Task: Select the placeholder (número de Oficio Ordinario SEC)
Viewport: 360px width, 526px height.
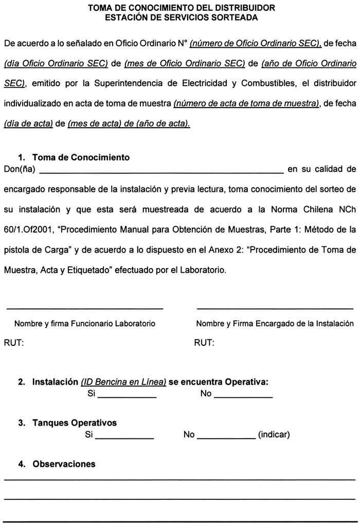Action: point(256,44)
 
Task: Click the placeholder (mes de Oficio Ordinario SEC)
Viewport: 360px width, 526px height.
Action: point(184,63)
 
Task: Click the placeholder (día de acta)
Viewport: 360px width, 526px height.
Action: point(28,124)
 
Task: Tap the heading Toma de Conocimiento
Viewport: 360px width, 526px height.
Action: point(81,157)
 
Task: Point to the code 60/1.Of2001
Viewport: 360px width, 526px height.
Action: point(27,229)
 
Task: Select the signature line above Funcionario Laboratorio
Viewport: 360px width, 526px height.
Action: point(84,308)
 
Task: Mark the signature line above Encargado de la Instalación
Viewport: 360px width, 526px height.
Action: point(275,308)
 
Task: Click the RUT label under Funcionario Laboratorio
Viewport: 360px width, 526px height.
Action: point(14,343)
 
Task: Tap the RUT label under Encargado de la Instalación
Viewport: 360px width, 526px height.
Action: point(204,343)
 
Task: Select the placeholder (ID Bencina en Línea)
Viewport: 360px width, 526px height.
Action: point(123,382)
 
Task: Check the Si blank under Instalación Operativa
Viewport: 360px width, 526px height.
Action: point(127,396)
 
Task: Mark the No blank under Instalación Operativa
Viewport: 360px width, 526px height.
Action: point(243,396)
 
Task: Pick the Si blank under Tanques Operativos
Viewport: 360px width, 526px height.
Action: point(124,437)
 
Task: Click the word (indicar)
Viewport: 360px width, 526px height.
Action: point(274,435)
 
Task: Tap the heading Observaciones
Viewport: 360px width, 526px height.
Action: point(64,464)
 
